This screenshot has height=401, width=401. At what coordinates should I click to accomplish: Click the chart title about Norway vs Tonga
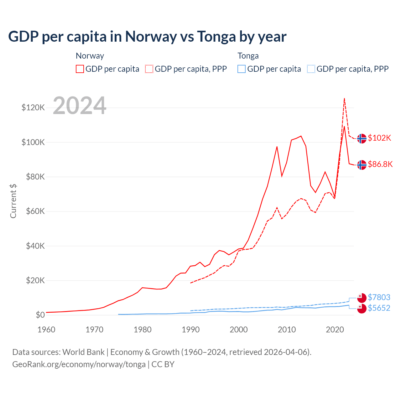[147, 37]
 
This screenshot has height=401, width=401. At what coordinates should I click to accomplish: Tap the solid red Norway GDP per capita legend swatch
[80, 69]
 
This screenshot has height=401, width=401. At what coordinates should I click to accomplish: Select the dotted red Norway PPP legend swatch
[149, 69]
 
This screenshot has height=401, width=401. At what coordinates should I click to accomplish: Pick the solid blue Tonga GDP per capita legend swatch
[242, 69]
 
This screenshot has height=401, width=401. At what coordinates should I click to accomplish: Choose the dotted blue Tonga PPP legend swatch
[311, 69]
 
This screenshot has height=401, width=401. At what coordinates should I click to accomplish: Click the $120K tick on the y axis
[33, 108]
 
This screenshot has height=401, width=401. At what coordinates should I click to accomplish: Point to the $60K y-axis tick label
[35, 211]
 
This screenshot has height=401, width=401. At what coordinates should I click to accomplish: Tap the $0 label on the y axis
[40, 315]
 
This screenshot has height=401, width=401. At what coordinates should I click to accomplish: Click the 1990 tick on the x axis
[190, 330]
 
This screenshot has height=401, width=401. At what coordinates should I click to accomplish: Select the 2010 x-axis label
[287, 330]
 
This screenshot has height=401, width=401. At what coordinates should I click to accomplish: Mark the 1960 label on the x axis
[46, 330]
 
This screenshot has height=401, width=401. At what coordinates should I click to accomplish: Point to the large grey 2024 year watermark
[80, 106]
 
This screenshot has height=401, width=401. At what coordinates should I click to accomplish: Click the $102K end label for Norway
[379, 138]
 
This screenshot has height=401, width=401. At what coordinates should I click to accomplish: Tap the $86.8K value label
[380, 164]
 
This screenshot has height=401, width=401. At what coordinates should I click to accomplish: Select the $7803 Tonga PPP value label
[379, 297]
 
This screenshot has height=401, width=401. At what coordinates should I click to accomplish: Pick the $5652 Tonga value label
[379, 308]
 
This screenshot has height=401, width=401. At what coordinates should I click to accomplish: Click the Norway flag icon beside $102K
[362, 138]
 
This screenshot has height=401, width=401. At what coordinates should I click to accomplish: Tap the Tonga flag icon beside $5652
[362, 308]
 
